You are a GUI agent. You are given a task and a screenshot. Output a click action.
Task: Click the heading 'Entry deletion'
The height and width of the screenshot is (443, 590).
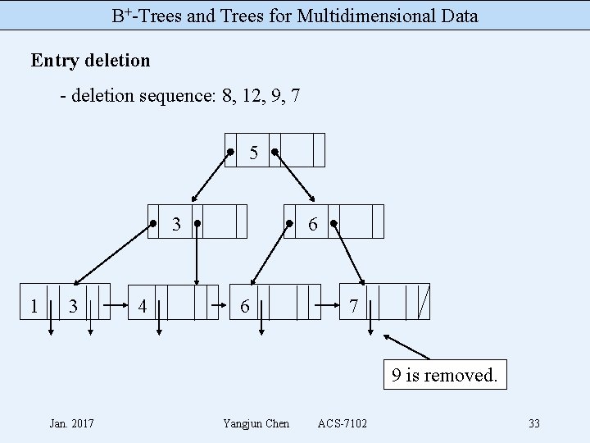coord(90,61)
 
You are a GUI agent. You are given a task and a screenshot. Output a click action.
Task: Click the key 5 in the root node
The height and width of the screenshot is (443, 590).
coord(254,153)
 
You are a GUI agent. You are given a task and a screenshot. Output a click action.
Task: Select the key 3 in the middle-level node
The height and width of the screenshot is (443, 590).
coord(176,223)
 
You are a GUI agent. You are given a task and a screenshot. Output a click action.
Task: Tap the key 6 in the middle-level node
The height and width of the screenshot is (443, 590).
coord(312,223)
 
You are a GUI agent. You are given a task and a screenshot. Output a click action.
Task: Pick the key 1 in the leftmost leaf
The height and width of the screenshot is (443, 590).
coord(34,305)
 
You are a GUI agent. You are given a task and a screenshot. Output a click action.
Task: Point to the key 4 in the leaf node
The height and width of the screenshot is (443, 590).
coord(143,305)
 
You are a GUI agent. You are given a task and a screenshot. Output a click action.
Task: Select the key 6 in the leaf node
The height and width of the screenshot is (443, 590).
coord(245,305)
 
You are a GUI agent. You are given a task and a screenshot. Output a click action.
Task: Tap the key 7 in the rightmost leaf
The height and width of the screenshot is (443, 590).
coord(353,305)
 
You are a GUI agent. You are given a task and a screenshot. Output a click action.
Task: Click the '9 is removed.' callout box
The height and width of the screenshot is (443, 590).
coord(443,377)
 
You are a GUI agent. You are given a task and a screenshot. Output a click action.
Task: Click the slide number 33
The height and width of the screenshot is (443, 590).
coord(534,423)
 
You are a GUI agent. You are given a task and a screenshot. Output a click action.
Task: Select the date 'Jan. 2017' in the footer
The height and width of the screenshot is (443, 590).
coord(71,423)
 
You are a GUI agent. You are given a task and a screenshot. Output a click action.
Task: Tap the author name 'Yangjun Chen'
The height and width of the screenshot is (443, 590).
coord(256,423)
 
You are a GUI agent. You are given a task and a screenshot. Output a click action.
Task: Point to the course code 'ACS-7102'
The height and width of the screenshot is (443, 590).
coord(342,423)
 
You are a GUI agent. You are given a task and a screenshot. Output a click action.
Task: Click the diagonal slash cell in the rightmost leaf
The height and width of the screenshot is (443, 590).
coord(423,302)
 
